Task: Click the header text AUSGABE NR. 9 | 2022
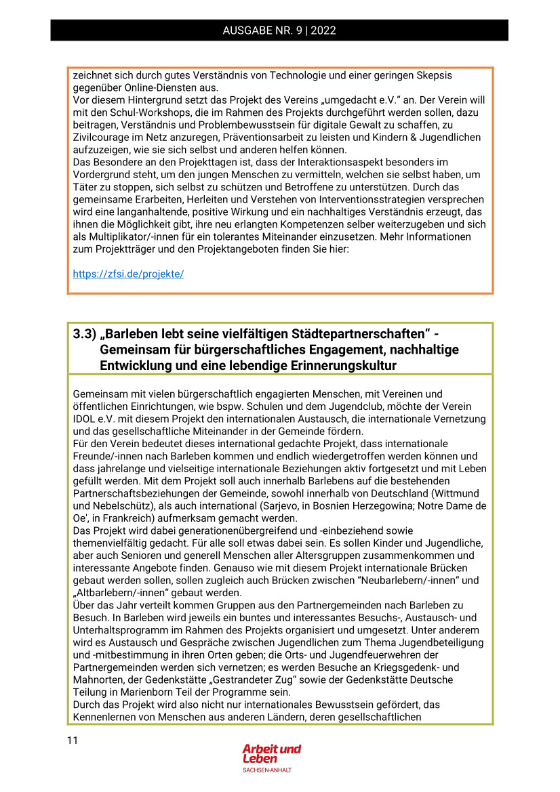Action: pos(279,30)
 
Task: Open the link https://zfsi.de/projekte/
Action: pos(128,274)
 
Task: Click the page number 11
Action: pos(73,741)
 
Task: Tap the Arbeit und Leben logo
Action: pos(271,754)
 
